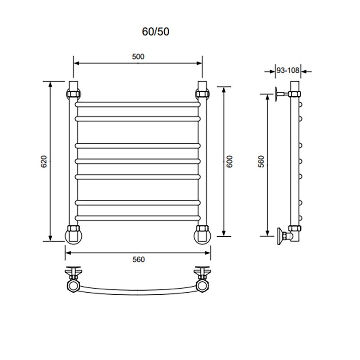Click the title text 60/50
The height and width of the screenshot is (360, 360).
[x=155, y=31]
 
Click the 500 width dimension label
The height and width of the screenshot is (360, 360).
[x=138, y=57]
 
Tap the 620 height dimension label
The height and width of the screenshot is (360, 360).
[x=44, y=162]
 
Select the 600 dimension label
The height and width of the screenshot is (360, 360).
[x=229, y=162]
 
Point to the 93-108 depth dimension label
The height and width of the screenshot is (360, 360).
[x=288, y=70]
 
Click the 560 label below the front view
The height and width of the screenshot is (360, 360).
[x=139, y=260]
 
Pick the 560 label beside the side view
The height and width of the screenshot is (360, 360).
[x=261, y=162]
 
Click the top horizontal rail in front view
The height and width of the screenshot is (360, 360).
[x=138, y=104]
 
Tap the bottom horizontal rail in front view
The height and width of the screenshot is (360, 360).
[x=138, y=218]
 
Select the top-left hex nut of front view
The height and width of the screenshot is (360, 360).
[x=73, y=94]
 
